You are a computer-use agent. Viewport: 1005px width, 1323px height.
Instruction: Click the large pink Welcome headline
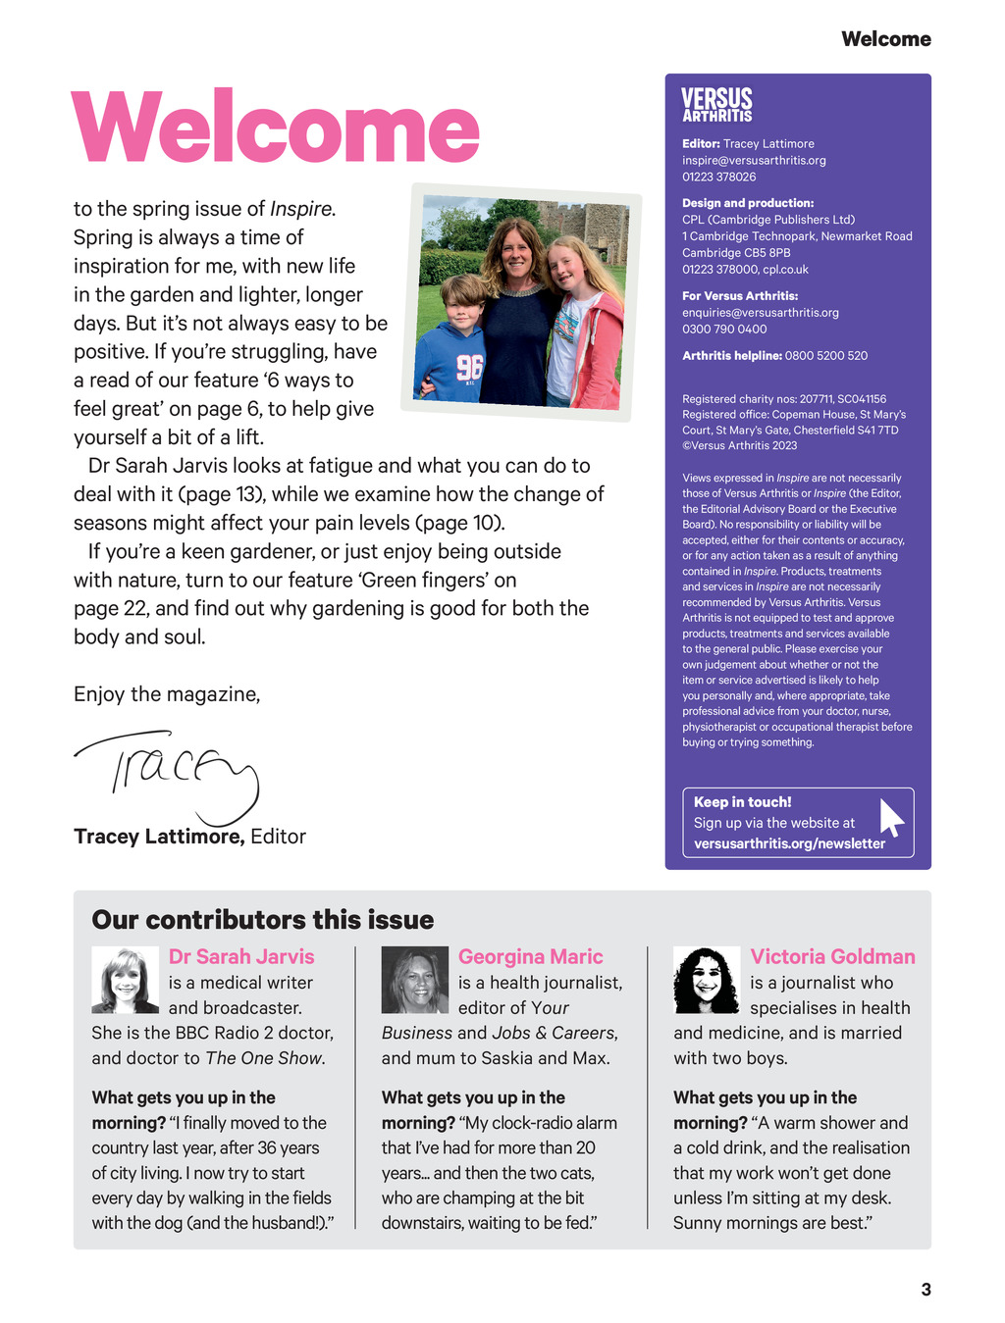276,127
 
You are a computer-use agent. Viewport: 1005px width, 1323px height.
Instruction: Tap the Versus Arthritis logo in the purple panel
716,105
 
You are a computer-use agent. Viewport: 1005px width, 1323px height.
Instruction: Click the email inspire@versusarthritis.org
754,160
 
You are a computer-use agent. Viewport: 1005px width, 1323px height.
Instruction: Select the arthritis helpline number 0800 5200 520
825,355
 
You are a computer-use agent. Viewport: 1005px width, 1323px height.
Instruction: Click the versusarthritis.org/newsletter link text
789,843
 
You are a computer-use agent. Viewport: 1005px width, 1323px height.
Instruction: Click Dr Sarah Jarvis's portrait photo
125,980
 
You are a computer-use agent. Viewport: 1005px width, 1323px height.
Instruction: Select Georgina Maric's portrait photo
414,980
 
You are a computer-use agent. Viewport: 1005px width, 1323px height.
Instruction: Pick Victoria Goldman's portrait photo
707,980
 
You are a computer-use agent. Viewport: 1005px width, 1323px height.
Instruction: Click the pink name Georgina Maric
530,956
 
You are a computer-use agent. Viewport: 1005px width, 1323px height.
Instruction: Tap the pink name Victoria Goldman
832,956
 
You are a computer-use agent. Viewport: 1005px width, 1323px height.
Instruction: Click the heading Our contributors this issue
263,920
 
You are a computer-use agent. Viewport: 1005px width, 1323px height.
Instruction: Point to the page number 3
926,1290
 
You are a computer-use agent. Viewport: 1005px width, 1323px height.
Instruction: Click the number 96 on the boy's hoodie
469,367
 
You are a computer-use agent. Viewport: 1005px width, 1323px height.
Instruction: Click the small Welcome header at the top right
885,39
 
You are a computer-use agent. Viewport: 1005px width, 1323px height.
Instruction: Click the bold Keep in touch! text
742,801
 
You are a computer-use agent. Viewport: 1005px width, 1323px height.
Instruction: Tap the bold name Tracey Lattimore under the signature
158,837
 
